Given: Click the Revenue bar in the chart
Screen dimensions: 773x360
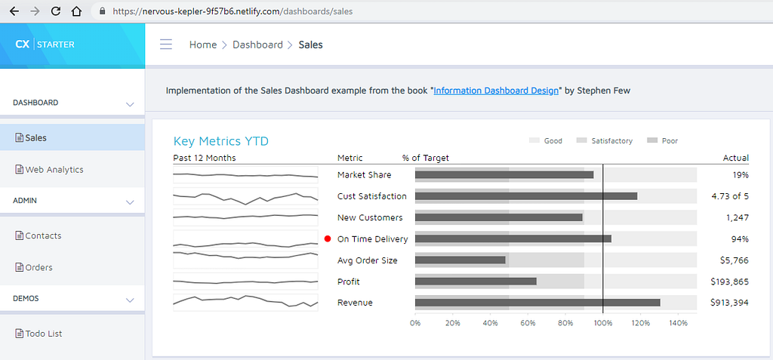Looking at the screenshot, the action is pyautogui.click(x=537, y=303).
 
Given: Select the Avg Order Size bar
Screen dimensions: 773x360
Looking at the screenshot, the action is pyautogui.click(x=460, y=260).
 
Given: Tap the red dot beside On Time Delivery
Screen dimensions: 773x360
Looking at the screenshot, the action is pyautogui.click(x=328, y=238).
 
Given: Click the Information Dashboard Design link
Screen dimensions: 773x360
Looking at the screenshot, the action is pyautogui.click(x=496, y=91).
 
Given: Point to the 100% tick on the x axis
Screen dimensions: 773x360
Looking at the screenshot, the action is pyautogui.click(x=603, y=323).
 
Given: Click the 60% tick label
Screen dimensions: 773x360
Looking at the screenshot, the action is pyautogui.click(x=528, y=323).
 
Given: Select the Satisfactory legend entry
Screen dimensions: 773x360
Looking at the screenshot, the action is pyautogui.click(x=605, y=141).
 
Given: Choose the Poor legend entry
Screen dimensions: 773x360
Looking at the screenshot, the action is pyautogui.click(x=662, y=141).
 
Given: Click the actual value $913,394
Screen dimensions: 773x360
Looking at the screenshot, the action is pyautogui.click(x=730, y=303).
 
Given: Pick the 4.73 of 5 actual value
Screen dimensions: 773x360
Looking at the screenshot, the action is pyautogui.click(x=730, y=196).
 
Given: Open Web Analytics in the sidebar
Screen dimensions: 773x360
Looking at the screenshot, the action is pyautogui.click(x=49, y=170).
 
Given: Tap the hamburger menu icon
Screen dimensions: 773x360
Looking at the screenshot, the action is pyautogui.click(x=166, y=45).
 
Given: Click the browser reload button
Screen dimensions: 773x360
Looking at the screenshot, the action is pyautogui.click(x=56, y=11).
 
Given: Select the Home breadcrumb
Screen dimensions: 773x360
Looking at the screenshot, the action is pyautogui.click(x=203, y=45).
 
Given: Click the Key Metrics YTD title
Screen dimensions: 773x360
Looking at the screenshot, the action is pyautogui.click(x=221, y=142).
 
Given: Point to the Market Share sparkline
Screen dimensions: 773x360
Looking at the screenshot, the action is pyautogui.click(x=245, y=174).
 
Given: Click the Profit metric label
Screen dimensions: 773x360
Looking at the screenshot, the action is pyautogui.click(x=349, y=282).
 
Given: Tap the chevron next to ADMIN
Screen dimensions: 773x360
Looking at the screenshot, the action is pyautogui.click(x=130, y=202).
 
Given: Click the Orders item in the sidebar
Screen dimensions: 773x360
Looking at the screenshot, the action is pyautogui.click(x=33, y=268).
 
